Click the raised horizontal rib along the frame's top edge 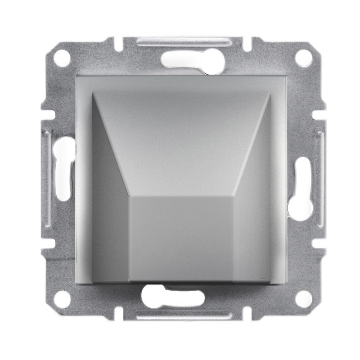pos(180,42)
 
